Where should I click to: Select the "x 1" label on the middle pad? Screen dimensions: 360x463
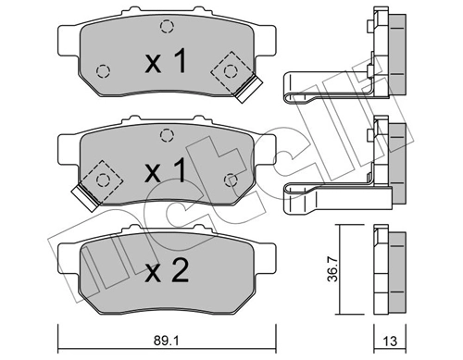(x=167, y=173)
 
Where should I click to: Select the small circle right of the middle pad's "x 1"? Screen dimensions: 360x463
(x=231, y=178)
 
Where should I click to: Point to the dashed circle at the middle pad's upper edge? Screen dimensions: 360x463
(x=166, y=135)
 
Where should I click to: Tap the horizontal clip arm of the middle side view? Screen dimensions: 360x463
(x=329, y=191)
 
